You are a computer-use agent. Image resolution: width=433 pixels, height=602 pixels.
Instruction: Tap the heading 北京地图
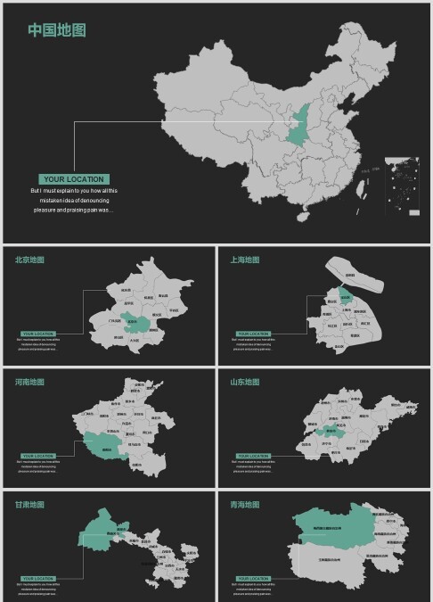[29, 260]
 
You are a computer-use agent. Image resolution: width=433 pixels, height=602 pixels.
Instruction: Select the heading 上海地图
[245, 260]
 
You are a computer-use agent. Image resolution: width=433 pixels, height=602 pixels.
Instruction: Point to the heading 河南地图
[29, 383]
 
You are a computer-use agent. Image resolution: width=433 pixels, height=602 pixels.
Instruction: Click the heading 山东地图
[245, 383]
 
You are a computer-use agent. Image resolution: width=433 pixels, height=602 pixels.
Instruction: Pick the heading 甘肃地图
[29, 505]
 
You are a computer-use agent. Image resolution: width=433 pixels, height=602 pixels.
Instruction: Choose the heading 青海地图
[245, 505]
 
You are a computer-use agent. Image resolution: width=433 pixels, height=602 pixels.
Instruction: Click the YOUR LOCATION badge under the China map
[73, 179]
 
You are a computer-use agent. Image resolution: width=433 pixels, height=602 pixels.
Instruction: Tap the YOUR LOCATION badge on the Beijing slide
[38, 334]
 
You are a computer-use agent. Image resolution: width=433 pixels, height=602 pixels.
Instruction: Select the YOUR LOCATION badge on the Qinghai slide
[253, 578]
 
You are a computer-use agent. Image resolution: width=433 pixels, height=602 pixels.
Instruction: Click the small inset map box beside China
[402, 186]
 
